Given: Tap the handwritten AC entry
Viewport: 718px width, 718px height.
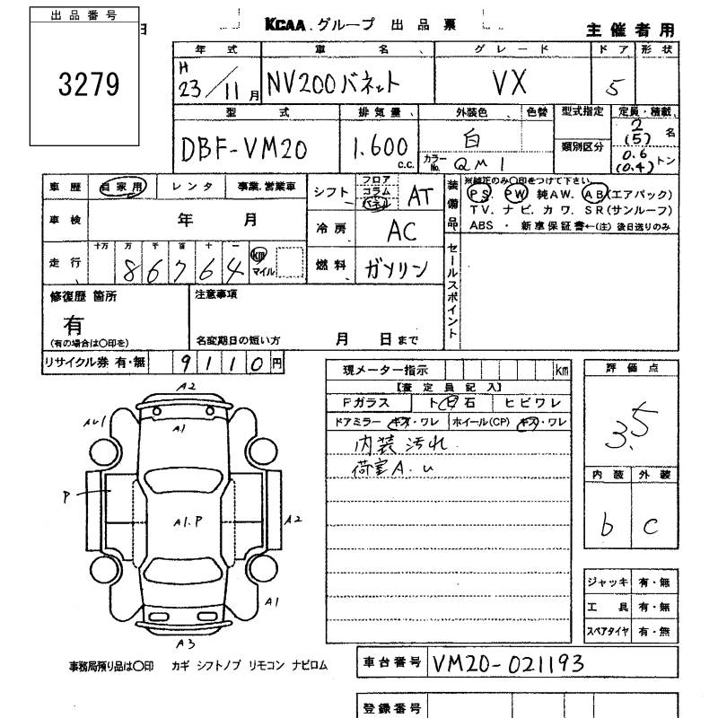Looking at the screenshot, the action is point(402,231).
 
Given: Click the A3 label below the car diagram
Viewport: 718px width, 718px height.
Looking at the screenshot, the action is point(185,644).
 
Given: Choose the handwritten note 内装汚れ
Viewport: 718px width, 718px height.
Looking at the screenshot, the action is point(389,442).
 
